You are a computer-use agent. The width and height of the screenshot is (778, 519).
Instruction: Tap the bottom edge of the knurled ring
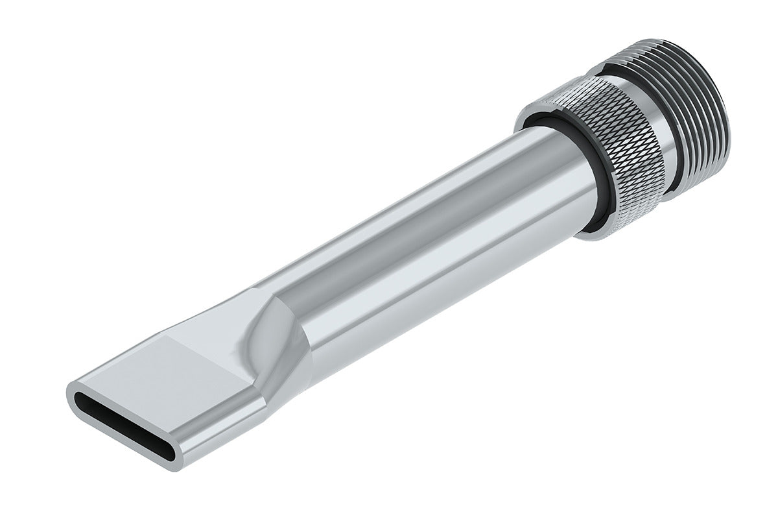(x=622, y=227)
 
